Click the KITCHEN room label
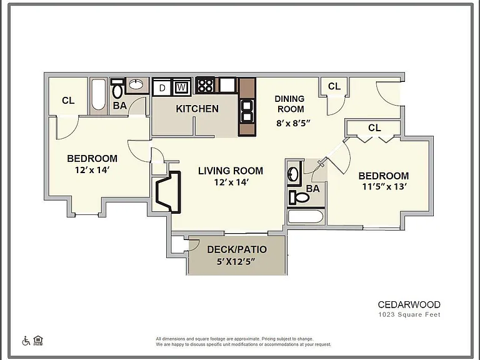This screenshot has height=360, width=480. click(x=197, y=109)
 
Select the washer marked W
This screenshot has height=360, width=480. click(x=181, y=87)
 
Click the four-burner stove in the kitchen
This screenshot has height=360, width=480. click(x=205, y=85)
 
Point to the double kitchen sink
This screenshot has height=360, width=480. click(x=247, y=111)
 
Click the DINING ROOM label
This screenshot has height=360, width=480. click(x=289, y=104)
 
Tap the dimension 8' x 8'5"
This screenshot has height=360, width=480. click(x=293, y=123)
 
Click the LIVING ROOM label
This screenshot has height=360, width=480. click(x=231, y=171)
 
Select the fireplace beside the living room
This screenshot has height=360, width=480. click(x=168, y=192)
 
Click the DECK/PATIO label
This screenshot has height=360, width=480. click(x=237, y=249)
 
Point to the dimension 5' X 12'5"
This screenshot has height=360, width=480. click(x=236, y=262)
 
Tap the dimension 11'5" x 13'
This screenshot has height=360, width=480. click(x=384, y=186)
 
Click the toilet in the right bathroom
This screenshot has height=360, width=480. click(x=299, y=197)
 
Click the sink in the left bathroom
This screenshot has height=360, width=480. click(x=136, y=84)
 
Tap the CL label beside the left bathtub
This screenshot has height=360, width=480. click(x=68, y=101)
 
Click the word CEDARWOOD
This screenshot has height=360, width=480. click(x=409, y=304)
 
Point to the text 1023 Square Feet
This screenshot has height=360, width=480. click(x=409, y=314)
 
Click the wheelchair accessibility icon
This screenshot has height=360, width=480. click(x=26, y=341)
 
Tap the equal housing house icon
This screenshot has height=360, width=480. click(x=38, y=340)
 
